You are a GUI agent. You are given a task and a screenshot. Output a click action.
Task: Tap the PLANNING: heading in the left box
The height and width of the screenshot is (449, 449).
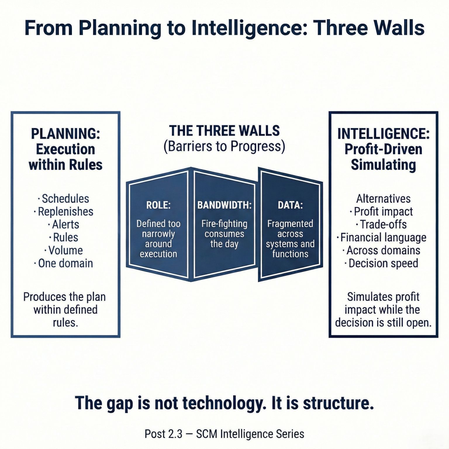click(x=65, y=134)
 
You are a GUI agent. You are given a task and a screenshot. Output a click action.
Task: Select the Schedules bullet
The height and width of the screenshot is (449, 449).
click(x=65, y=199)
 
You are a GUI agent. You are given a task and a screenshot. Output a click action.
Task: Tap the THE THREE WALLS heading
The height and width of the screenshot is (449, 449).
click(x=224, y=131)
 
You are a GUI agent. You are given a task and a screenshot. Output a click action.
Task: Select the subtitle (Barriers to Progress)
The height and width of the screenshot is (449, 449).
click(x=224, y=146)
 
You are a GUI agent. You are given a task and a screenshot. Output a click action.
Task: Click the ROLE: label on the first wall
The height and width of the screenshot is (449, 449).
click(x=158, y=205)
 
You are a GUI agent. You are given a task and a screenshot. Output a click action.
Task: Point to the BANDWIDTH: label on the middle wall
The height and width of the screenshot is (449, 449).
click(x=224, y=205)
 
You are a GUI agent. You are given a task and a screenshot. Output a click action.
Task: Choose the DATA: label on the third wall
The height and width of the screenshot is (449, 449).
click(x=290, y=205)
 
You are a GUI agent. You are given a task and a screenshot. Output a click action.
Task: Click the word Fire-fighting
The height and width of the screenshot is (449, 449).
click(x=224, y=224)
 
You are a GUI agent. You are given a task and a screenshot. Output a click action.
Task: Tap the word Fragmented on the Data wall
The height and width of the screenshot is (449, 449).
click(x=290, y=224)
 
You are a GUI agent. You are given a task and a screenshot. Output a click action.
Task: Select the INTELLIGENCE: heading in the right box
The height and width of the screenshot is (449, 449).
click(x=383, y=134)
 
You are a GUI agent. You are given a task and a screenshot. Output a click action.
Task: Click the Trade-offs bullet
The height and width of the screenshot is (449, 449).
click(x=383, y=224)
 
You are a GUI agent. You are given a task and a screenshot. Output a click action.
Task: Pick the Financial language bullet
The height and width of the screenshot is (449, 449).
click(x=383, y=238)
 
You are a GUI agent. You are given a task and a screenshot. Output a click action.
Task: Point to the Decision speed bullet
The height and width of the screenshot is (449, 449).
click(x=383, y=263)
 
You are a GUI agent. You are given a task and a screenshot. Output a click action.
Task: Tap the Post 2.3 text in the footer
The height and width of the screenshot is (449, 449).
click(x=163, y=434)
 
